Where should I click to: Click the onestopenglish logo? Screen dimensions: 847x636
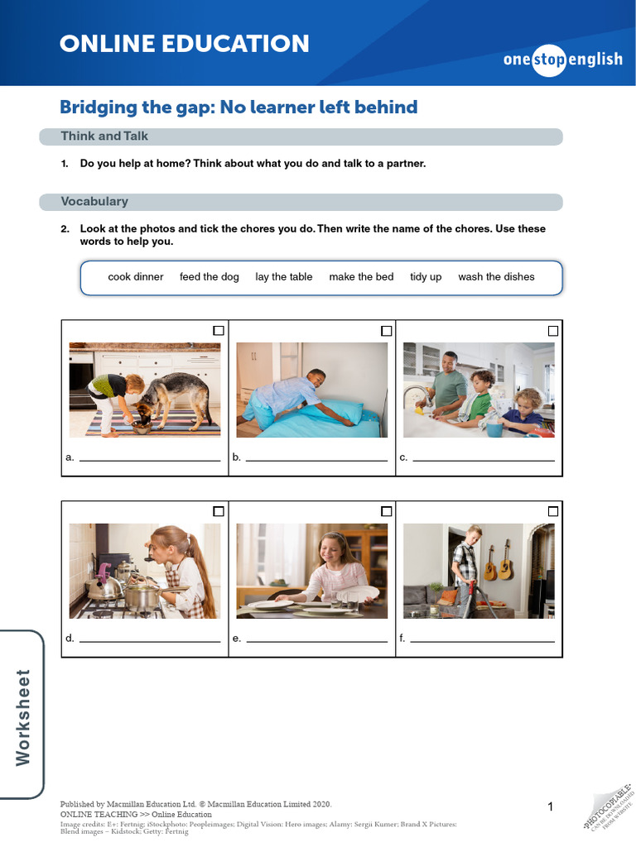[562, 60]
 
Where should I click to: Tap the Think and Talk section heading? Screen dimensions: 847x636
[104, 136]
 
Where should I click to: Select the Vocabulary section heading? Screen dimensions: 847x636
[94, 201]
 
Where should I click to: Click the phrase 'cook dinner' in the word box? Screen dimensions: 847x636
[136, 277]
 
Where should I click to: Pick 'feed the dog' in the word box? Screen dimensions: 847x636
[209, 277]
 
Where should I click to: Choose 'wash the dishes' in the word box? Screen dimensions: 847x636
[496, 277]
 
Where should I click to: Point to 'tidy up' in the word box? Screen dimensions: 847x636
[426, 277]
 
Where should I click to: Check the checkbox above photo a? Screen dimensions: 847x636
[219, 331]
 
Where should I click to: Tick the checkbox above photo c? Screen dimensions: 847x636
[553, 331]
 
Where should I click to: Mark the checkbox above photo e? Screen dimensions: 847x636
[386, 511]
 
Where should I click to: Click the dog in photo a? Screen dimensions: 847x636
[174, 397]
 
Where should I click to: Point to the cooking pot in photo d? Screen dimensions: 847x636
[142, 596]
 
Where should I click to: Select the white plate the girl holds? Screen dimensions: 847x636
[368, 592]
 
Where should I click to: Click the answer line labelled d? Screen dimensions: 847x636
[149, 641]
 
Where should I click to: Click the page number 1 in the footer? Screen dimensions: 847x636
[550, 807]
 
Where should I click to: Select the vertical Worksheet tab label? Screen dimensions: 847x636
[23, 716]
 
